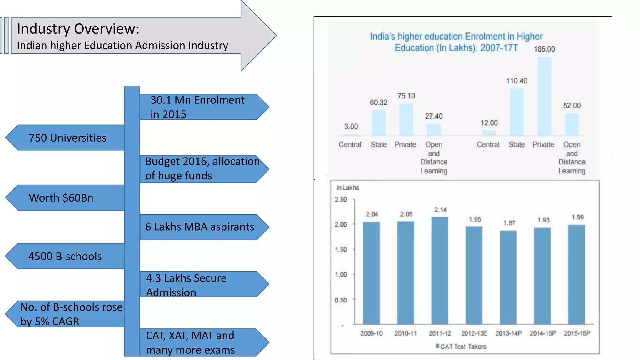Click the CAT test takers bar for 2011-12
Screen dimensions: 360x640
[440, 270]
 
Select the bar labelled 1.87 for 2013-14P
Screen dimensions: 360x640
[508, 277]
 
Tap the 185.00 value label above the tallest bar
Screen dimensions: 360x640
[544, 49]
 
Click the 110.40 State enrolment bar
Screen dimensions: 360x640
[517, 112]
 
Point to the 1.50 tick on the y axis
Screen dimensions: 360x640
[341, 249]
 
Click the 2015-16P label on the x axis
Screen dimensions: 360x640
[577, 333]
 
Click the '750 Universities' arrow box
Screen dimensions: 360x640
[67, 138]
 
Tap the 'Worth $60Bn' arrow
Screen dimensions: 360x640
[61, 198]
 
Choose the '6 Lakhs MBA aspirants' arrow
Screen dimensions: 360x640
[200, 227]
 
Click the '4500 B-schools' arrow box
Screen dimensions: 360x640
[65, 256]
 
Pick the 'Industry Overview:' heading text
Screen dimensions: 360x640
[78, 29]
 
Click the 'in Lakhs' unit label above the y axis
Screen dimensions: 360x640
[347, 187]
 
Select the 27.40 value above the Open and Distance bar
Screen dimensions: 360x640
[434, 116]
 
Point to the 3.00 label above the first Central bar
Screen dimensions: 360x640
[351, 127]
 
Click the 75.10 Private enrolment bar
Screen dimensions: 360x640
[406, 119]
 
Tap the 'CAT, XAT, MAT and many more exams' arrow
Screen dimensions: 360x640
[200, 342]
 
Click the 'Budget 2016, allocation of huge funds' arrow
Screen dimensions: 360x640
[202, 169]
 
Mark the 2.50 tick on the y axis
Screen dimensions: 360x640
[341, 199]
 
